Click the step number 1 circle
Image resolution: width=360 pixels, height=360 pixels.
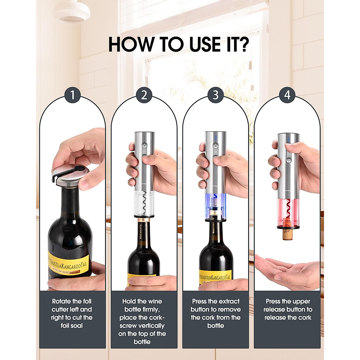pyautogui.click(x=72, y=95)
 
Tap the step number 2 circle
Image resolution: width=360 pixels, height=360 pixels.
pyautogui.click(x=144, y=95)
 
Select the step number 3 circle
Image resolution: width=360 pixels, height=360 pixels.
pyautogui.click(x=216, y=95)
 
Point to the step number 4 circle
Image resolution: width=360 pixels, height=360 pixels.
pyautogui.click(x=287, y=95)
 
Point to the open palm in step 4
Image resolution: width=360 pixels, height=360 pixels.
pyautogui.click(x=286, y=270)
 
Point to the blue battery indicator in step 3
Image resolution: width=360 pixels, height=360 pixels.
pyautogui.click(x=215, y=138)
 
